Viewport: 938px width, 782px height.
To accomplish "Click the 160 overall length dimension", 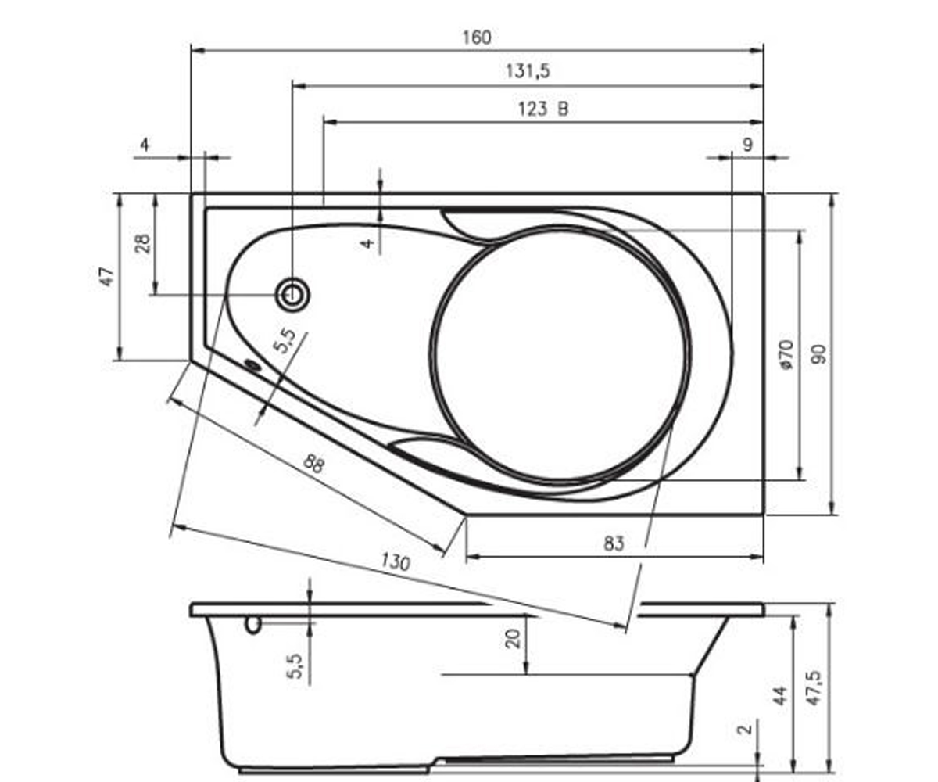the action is (x=477, y=38).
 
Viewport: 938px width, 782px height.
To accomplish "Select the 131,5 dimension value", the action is (x=528, y=71).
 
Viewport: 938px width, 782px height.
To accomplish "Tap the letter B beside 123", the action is (x=563, y=109).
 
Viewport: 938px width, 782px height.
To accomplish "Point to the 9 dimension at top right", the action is (x=747, y=145).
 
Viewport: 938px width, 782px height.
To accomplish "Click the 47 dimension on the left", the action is (x=108, y=276).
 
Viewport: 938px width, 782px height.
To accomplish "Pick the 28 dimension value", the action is (x=143, y=243).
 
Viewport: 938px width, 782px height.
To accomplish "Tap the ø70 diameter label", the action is (x=787, y=355).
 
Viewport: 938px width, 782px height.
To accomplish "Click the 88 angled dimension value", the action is (x=313, y=464).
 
